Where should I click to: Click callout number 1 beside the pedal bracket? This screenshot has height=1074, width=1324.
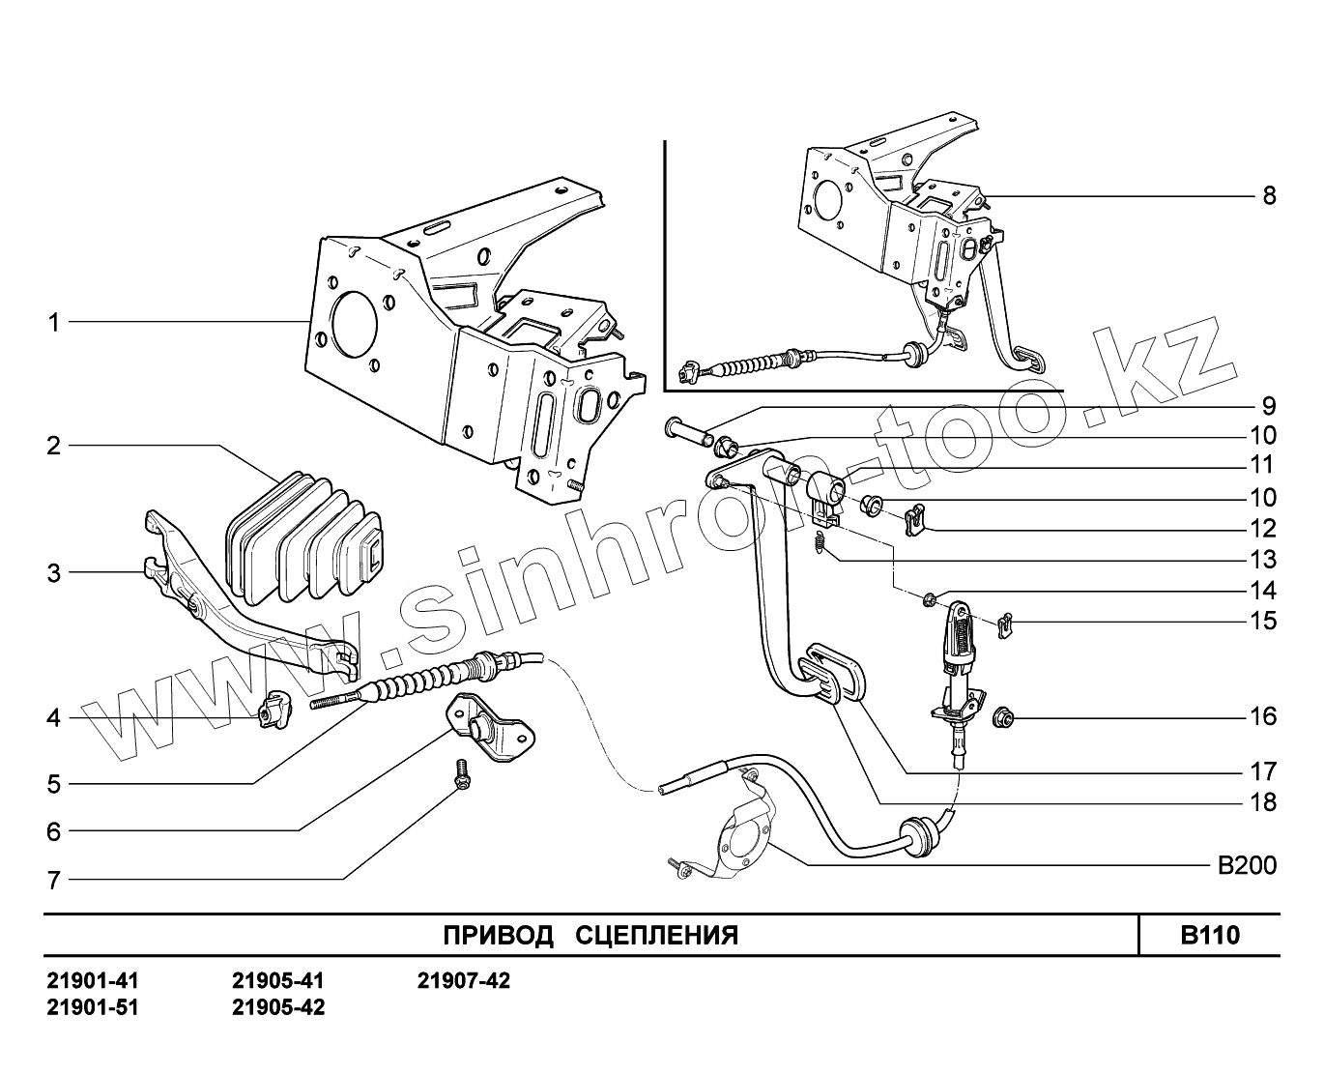[55, 322]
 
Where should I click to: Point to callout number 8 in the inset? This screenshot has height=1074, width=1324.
[1269, 196]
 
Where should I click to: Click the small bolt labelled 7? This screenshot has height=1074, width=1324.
[462, 774]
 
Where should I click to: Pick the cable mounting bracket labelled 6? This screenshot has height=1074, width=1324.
[487, 729]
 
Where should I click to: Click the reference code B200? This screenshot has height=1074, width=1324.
[1247, 866]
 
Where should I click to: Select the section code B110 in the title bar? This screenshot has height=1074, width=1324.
[1209, 936]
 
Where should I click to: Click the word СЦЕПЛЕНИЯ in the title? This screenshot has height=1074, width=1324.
[657, 936]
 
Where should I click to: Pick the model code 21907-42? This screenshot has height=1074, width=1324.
[464, 980]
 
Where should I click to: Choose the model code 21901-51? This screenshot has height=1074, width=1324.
[93, 1007]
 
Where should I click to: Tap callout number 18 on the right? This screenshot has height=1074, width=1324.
[1263, 802]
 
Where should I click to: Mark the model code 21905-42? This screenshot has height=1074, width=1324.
[278, 1007]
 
